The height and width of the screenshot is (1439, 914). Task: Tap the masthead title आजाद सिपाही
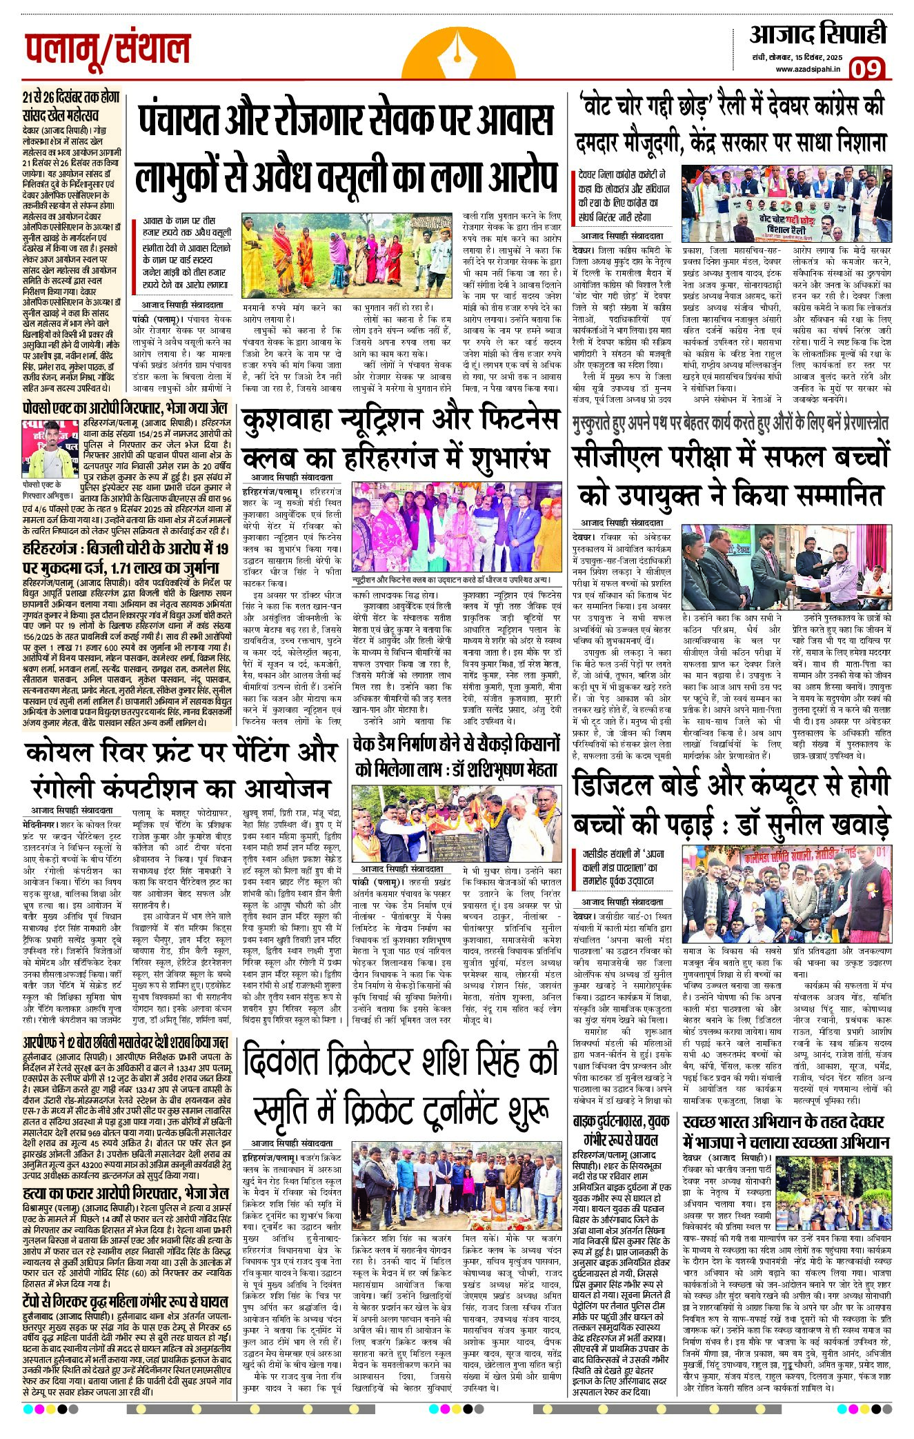tap(817, 34)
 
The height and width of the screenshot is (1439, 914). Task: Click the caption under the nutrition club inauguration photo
tap(450, 581)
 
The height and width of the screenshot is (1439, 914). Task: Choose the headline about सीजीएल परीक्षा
tap(730, 476)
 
